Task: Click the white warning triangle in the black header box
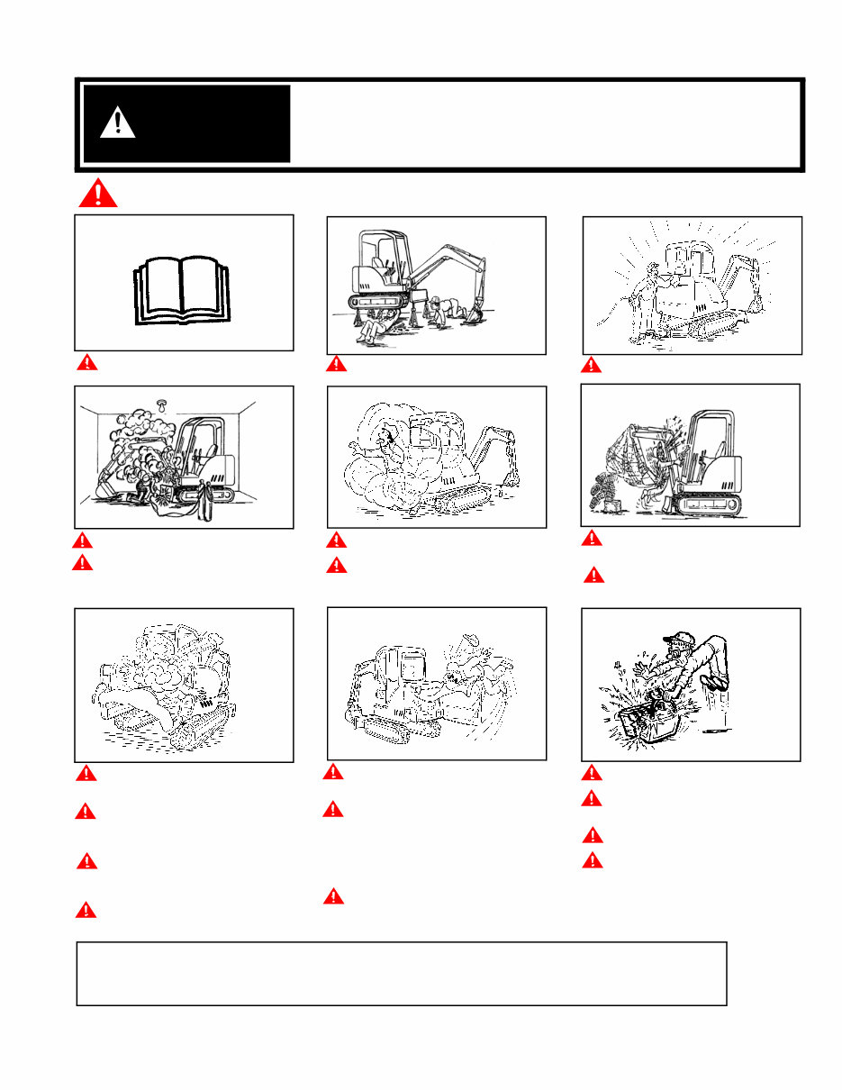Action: (x=117, y=123)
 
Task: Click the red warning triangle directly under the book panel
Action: (x=86, y=363)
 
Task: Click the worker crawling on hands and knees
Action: (x=439, y=311)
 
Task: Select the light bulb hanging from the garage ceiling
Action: (x=163, y=405)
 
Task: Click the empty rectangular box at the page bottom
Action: (x=401, y=974)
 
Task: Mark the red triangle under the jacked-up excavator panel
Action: (x=336, y=364)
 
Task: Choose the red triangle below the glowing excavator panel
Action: (x=591, y=365)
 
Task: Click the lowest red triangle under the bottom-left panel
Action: (x=86, y=910)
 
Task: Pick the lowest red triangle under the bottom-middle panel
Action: (x=333, y=896)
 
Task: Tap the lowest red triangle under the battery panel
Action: (x=592, y=860)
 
